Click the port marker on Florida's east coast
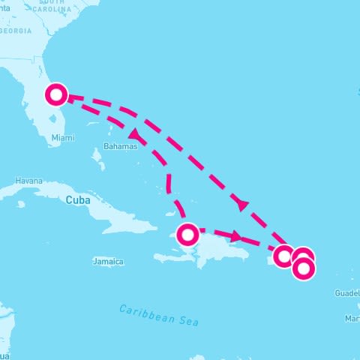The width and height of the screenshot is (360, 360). click(x=56, y=95)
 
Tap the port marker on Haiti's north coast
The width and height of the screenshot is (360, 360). click(x=187, y=235)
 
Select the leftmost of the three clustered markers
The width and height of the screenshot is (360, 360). click(x=283, y=256)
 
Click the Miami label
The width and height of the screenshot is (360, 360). click(x=63, y=137)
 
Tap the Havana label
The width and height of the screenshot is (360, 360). click(x=28, y=181)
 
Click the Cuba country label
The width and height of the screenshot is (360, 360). click(x=78, y=200)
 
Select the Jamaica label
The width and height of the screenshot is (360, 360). click(x=108, y=262)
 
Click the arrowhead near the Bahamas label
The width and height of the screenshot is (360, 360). click(x=135, y=135)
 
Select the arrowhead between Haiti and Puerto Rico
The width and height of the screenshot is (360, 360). click(x=236, y=237)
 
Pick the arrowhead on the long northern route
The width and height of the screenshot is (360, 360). click(x=241, y=202)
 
